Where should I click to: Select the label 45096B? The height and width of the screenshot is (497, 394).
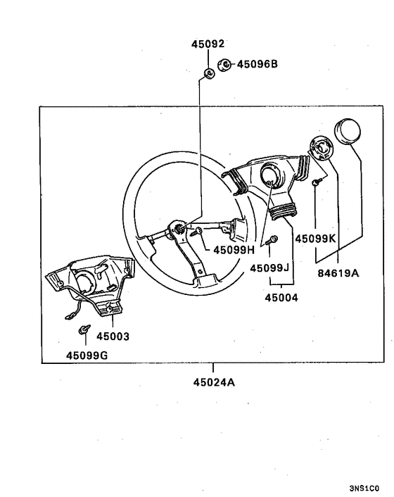(x=258, y=64)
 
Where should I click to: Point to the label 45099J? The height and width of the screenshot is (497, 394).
(x=270, y=268)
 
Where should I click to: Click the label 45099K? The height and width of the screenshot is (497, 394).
(x=316, y=239)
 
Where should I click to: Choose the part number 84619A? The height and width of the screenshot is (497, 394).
(x=338, y=274)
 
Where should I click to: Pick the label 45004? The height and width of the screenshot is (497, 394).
(x=281, y=298)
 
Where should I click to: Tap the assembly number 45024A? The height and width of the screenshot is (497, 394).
(x=213, y=383)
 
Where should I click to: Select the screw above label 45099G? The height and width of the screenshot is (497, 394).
(x=85, y=329)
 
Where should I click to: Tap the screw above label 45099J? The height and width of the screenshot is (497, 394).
(x=274, y=239)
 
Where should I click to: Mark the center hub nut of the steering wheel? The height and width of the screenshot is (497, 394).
(x=181, y=228)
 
